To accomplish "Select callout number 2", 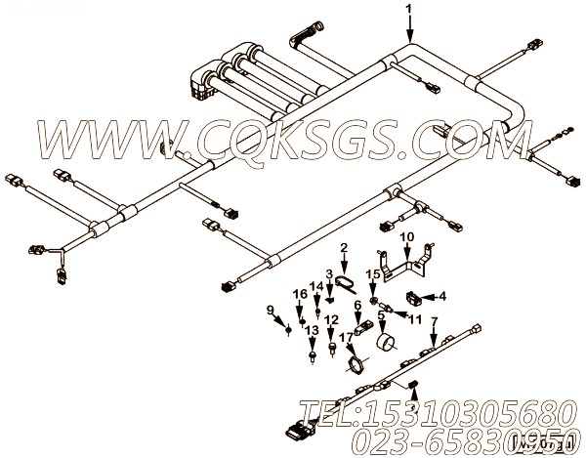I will coord(344,249).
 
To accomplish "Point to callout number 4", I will coord(442,297).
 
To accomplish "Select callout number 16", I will coord(300,294).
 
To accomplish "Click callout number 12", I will coord(332,319).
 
